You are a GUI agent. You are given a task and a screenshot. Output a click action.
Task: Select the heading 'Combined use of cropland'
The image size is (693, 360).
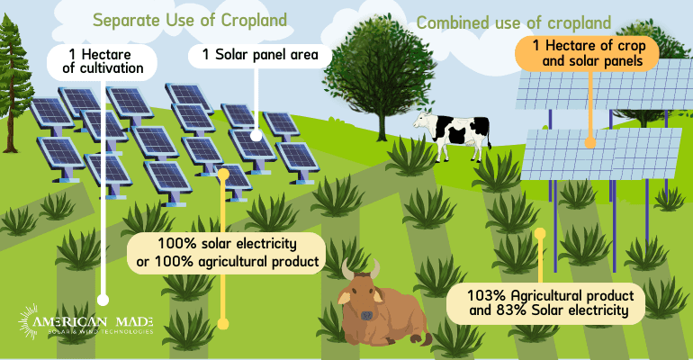click(514, 22)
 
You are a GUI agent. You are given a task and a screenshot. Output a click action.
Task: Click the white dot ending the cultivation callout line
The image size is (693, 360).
click(103, 301)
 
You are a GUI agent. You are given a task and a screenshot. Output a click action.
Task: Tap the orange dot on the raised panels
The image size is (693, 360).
click(590, 141)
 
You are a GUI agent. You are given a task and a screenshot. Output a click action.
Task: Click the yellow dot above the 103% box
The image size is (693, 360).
click(540, 232)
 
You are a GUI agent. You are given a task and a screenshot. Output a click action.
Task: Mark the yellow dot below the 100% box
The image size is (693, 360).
click(223, 323)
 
